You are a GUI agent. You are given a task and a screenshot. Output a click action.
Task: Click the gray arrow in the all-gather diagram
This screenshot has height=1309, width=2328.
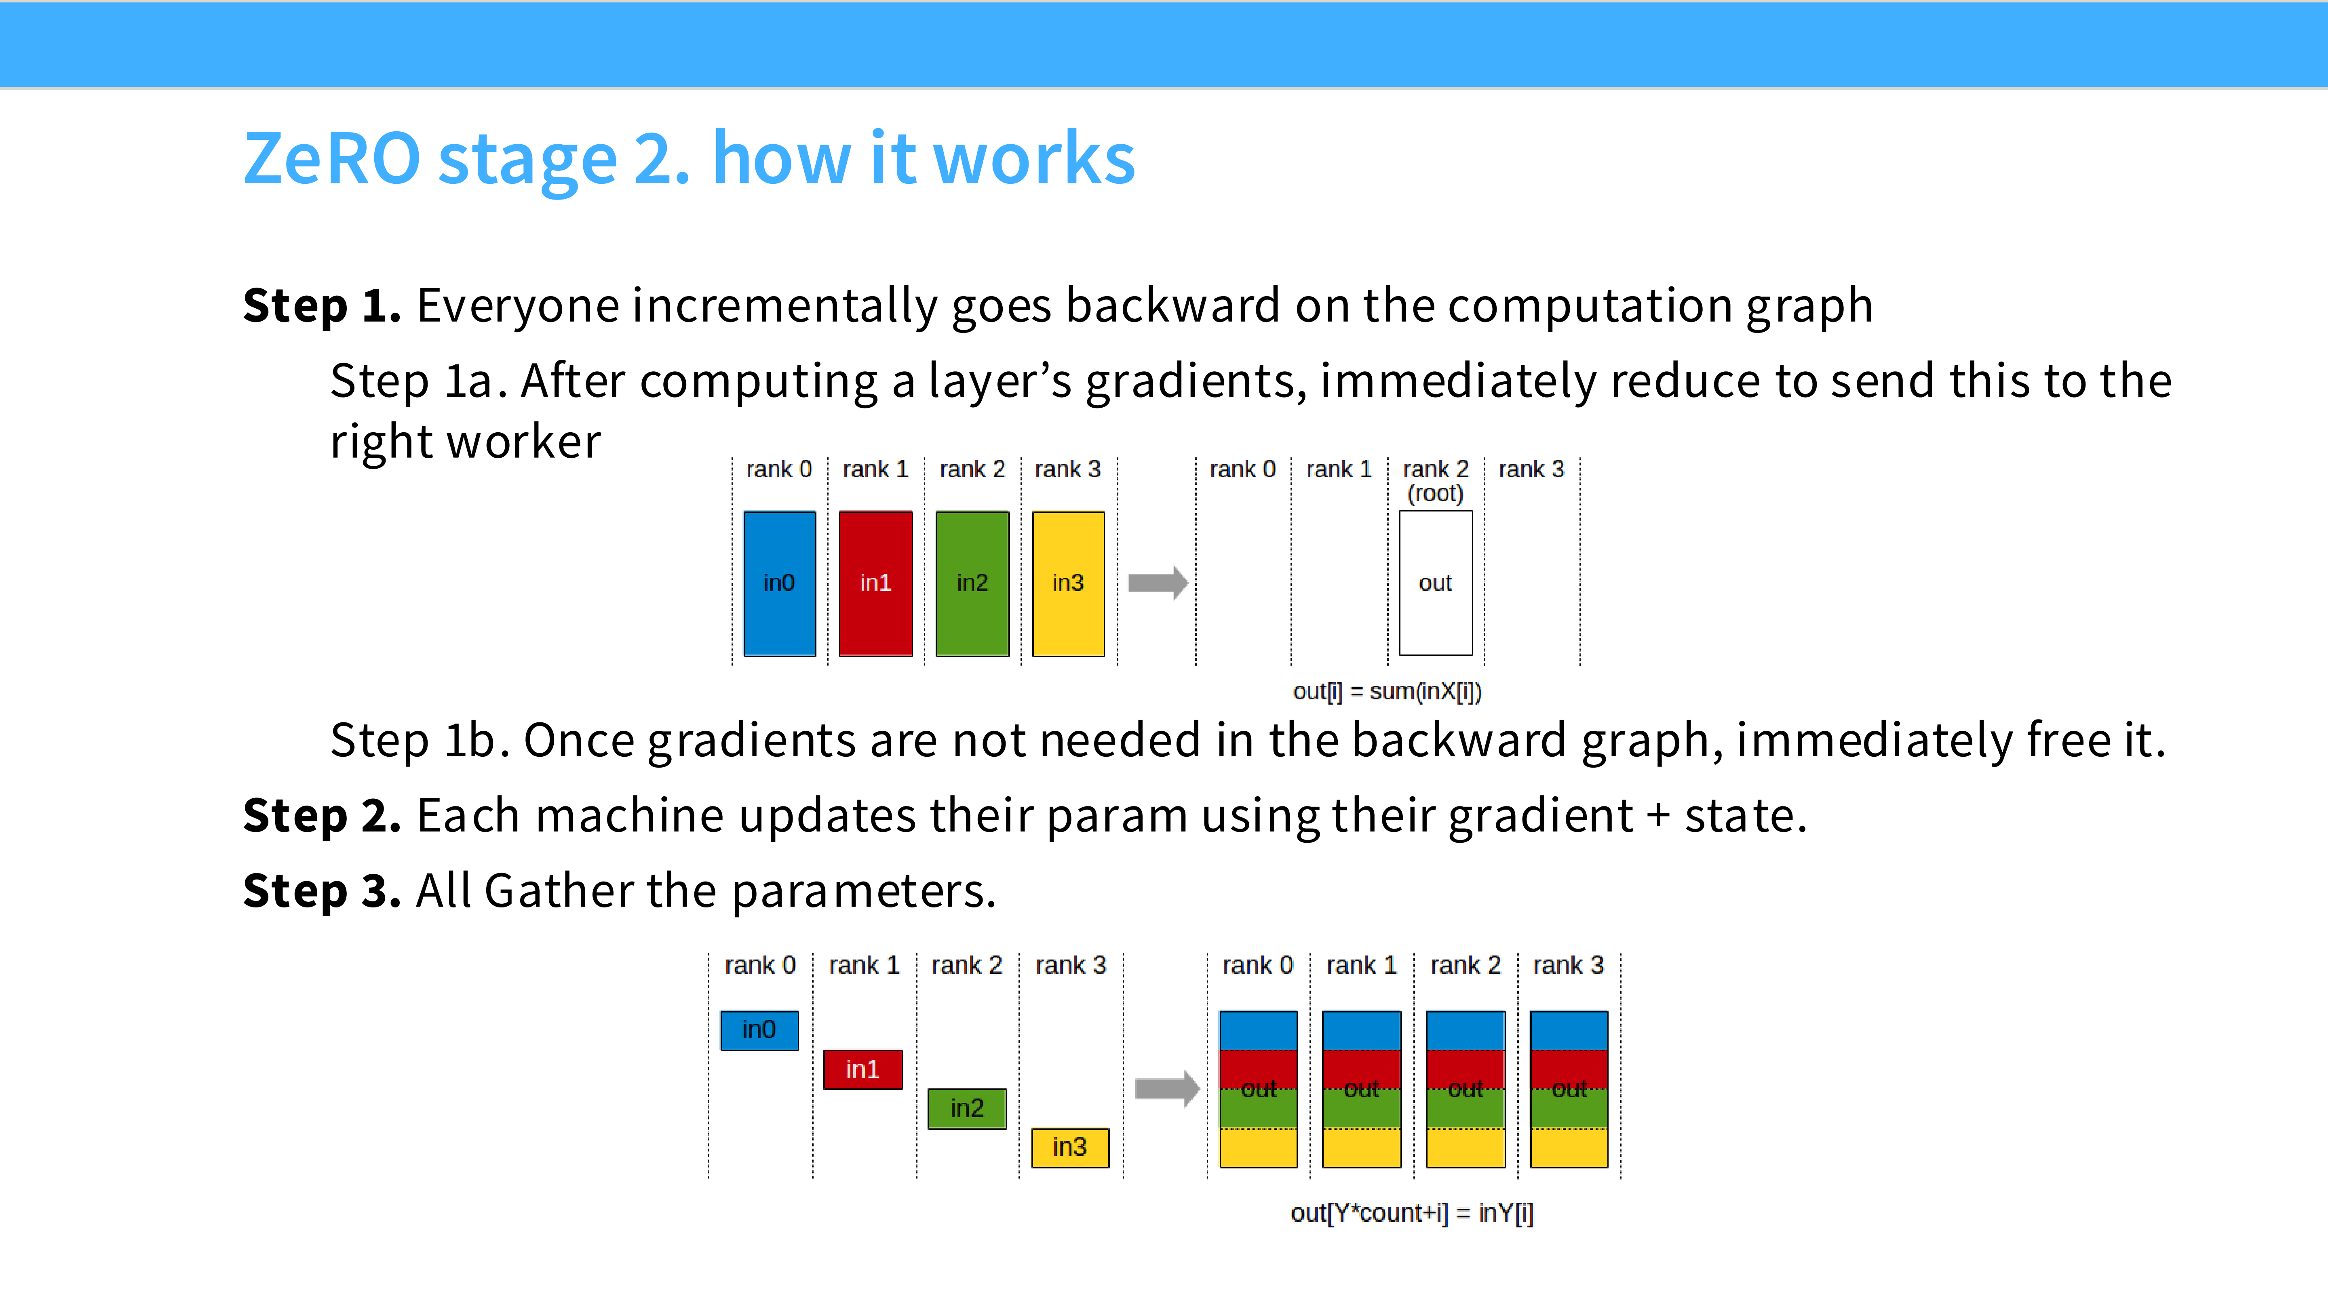[1167, 1088]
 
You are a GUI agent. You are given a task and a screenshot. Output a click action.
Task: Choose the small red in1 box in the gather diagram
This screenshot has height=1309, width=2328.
[863, 1069]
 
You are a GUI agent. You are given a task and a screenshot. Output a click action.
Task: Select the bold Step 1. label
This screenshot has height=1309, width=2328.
[322, 305]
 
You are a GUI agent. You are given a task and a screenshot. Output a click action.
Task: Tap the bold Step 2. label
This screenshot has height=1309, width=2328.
[322, 816]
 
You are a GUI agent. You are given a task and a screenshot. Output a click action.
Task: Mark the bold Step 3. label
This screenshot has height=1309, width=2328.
[322, 891]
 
